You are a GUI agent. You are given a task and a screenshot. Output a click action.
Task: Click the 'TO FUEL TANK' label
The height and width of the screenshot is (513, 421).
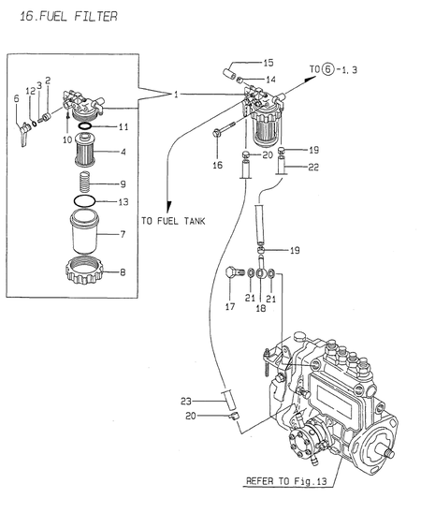pos(174,221)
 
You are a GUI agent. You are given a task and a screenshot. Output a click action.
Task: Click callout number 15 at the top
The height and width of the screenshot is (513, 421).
pos(268,62)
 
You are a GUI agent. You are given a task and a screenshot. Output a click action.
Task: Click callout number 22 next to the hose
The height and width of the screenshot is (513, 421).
pos(313,167)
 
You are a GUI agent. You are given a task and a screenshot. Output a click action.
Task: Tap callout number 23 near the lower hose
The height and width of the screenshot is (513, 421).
pos(185,401)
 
